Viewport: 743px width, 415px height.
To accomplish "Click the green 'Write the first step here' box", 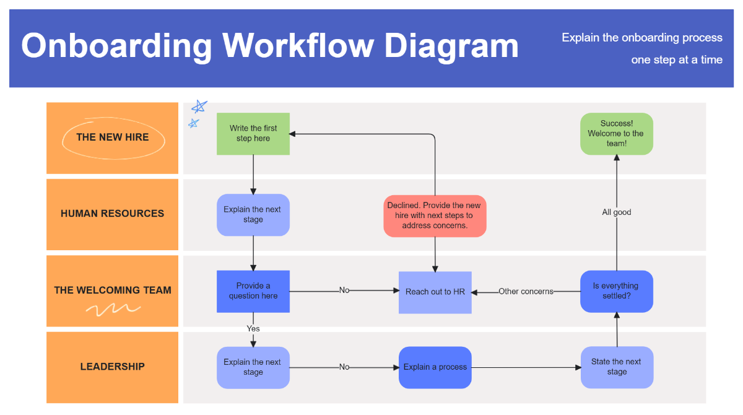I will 253,134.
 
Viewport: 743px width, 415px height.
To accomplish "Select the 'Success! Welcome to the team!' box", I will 616,134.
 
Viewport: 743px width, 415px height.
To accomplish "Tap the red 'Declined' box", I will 435,216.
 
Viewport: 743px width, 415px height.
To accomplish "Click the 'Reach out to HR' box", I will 435,292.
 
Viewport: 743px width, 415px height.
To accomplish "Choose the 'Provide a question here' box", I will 253,291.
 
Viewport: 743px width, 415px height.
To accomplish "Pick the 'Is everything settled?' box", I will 616,291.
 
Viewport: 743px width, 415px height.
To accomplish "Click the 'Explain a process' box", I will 435,367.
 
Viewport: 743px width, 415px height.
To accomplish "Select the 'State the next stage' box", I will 616,367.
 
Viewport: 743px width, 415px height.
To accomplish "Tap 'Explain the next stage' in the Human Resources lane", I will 253,215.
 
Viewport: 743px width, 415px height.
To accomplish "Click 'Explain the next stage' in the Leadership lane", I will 253,367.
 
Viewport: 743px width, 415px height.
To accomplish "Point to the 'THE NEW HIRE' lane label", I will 113,138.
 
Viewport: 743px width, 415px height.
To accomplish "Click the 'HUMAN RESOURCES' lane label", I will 113,214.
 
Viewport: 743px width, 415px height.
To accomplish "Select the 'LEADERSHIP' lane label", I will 113,367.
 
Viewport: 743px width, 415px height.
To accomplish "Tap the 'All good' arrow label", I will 617,212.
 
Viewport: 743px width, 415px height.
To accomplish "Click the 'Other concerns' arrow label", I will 526,292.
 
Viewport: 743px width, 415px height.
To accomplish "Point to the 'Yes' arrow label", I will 253,328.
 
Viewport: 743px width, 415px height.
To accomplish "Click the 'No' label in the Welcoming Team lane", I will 344,290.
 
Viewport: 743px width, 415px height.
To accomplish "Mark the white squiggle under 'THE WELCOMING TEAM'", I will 113,308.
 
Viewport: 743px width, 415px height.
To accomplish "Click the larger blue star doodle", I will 199,107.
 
